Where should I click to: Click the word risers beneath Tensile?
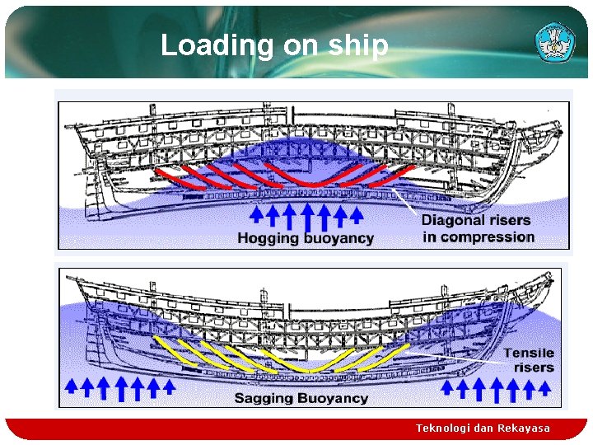pyautogui.click(x=534, y=368)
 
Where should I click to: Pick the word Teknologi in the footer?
pyautogui.click(x=441, y=429)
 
